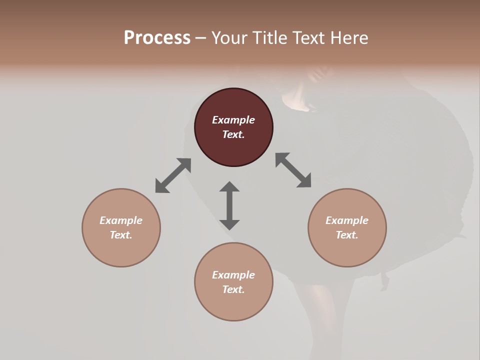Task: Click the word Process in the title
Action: pyautogui.click(x=157, y=38)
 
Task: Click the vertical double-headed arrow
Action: pyautogui.click(x=229, y=205)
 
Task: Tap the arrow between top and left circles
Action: pyautogui.click(x=173, y=175)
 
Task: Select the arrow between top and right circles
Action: pyautogui.click(x=293, y=170)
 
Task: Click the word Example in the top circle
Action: pyautogui.click(x=233, y=120)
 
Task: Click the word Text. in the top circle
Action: pyautogui.click(x=233, y=134)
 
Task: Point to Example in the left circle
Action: pyautogui.click(x=121, y=220)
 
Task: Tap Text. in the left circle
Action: pyautogui.click(x=121, y=235)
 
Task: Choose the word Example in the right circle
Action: pyautogui.click(x=347, y=220)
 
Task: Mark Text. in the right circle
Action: pyautogui.click(x=347, y=235)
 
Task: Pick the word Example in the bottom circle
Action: pyautogui.click(x=233, y=275)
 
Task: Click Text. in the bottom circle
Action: pyautogui.click(x=233, y=289)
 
